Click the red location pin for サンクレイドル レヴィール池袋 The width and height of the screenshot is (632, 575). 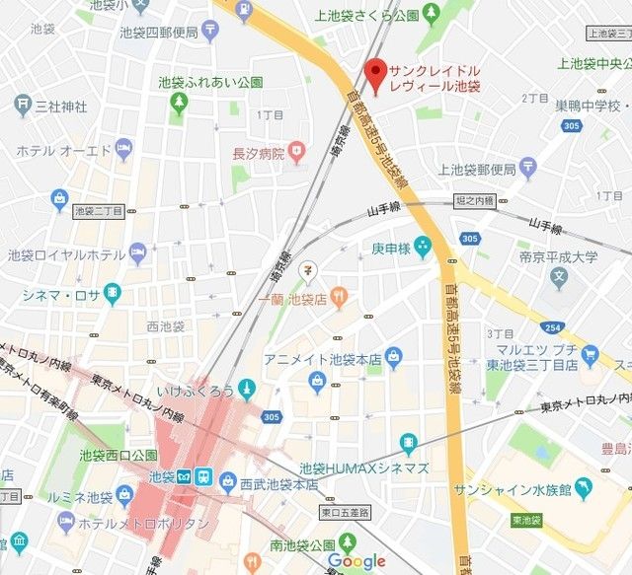tap(373, 73)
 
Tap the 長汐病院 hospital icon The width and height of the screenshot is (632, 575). tap(298, 153)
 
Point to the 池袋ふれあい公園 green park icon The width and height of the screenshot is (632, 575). tap(179, 103)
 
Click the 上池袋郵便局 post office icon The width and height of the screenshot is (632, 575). tap(527, 169)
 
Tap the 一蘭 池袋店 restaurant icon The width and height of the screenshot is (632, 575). tap(338, 295)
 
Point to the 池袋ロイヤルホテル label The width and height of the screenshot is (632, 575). tap(65, 253)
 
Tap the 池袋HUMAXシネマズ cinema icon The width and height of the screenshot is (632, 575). tap(408, 442)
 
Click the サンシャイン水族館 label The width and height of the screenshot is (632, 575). tap(514, 490)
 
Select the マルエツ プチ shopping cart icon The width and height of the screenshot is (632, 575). tap(591, 354)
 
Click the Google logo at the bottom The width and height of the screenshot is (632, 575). tap(356, 561)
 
